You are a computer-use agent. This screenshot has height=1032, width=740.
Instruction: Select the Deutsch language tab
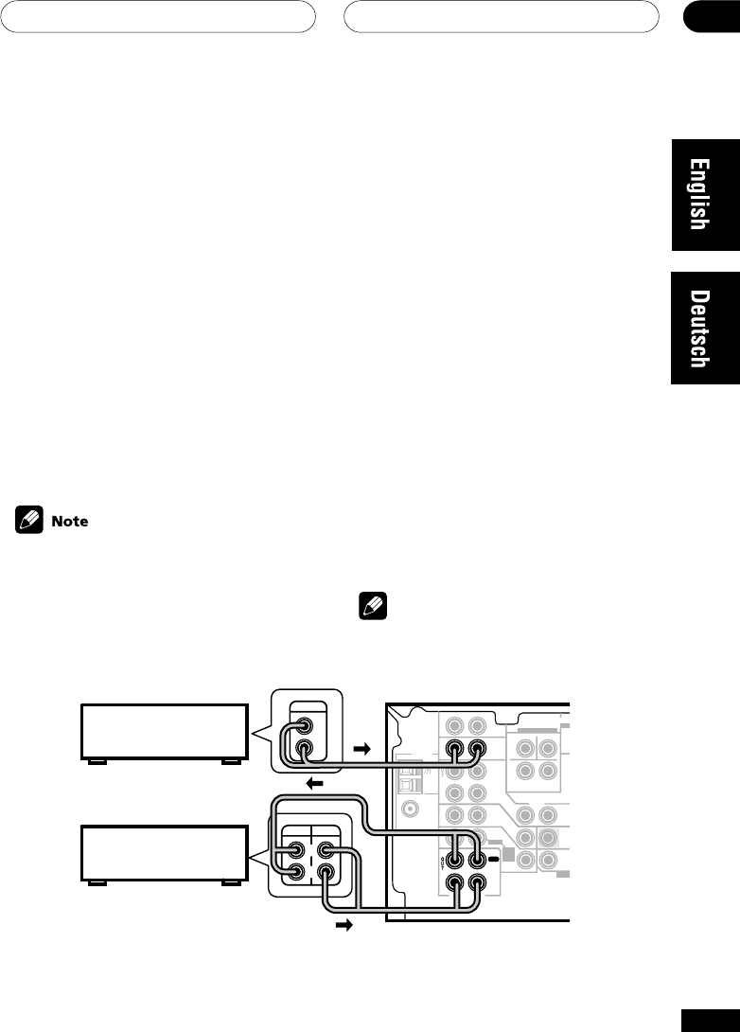pos(705,329)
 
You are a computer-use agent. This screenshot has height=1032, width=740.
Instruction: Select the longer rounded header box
pos(501,15)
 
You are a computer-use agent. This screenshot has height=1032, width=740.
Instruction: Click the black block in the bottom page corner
pos(711,1019)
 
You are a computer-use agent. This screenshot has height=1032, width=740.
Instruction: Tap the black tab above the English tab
pos(711,15)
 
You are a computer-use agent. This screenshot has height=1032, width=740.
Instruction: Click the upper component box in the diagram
pos(163,730)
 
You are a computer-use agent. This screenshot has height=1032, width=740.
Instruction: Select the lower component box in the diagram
pos(163,852)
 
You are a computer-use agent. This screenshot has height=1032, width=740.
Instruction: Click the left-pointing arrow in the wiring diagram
pos(316,785)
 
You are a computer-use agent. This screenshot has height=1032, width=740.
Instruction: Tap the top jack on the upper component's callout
pos(305,726)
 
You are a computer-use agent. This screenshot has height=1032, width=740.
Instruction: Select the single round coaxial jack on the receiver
pos(410,810)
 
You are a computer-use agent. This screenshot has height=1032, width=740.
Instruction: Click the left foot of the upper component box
pos(95,759)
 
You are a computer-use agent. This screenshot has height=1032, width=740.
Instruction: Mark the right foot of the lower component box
pos(230,881)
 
